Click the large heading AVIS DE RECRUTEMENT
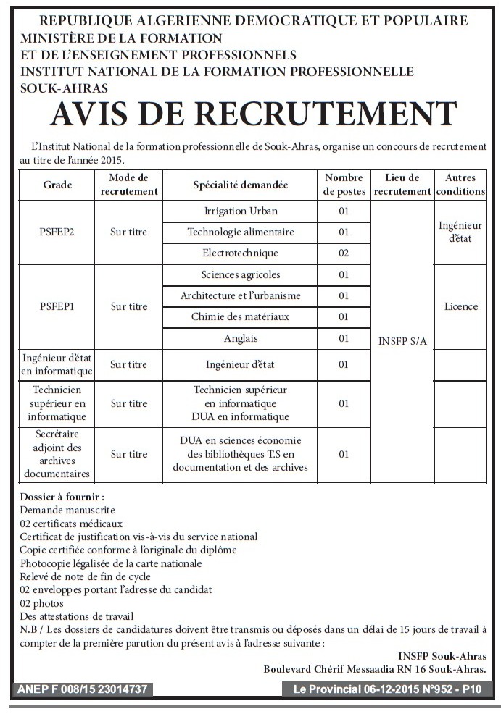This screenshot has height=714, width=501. click(253, 114)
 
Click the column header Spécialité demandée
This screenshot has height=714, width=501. click(241, 185)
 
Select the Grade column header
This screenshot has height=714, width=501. click(57, 185)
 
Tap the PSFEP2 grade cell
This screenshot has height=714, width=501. click(57, 232)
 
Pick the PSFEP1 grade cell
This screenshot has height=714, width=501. click(57, 306)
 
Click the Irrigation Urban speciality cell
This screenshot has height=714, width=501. click(241, 211)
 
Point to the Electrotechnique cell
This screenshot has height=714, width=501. click(241, 253)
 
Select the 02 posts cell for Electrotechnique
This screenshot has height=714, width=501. click(344, 253)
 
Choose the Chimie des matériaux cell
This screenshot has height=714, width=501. click(241, 316)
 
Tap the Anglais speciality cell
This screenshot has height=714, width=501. click(241, 338)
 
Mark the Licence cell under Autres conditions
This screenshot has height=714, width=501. click(460, 306)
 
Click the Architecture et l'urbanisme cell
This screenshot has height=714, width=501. click(241, 295)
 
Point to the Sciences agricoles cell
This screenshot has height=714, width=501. click(241, 274)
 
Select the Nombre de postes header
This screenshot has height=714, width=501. click(344, 185)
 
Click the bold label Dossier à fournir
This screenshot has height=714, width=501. click(62, 497)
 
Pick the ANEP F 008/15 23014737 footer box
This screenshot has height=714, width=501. click(83, 689)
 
